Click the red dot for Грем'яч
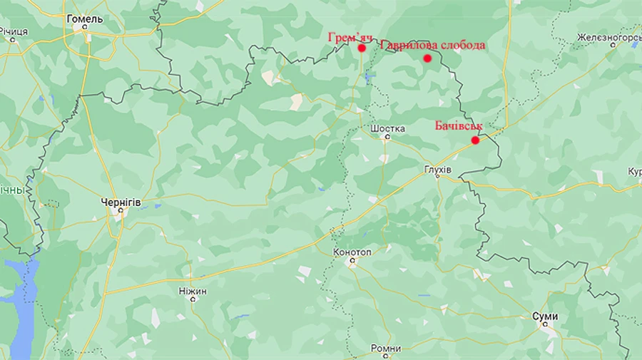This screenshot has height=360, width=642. coord(362,48)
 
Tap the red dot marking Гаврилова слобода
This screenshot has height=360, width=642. coord(427,58)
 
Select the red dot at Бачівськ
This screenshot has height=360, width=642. coord(475,140)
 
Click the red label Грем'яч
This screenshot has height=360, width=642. coord(350,36)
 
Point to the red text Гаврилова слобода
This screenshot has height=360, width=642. coord(433,46)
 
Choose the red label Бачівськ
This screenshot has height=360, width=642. coord(459,126)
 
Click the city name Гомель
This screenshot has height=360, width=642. coord(84,19)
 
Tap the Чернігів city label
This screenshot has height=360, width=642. coord(121,203)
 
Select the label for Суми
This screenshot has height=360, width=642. coord(545,317)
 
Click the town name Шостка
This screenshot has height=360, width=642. coord(388,129)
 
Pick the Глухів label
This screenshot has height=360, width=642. coord(437,170)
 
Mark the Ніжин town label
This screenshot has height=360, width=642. coord(193,292)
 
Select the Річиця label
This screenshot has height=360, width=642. coord(13,32)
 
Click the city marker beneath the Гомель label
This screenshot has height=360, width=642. coord(85,30)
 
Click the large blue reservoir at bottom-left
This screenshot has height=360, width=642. coord(20,299)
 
